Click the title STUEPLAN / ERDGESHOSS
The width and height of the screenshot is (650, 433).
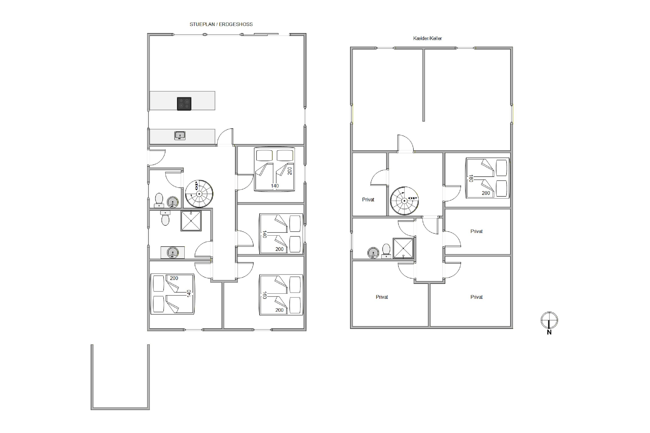click(x=221, y=24)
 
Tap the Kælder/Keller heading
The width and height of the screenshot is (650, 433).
click(x=427, y=38)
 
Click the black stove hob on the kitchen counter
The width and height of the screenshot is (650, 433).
click(x=184, y=104)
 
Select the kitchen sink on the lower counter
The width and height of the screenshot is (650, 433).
click(x=180, y=136)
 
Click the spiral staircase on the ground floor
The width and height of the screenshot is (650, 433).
click(x=199, y=194)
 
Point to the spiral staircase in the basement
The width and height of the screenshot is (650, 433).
click(x=404, y=201)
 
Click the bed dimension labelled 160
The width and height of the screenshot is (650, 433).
click(x=265, y=295)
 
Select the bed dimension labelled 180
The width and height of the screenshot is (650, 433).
click(x=471, y=178)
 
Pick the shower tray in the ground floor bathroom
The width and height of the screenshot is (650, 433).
click(x=191, y=221)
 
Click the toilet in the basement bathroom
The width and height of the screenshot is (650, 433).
click(x=386, y=251)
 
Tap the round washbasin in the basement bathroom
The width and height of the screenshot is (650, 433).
click(x=373, y=253)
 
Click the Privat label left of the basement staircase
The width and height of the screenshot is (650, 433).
click(x=368, y=200)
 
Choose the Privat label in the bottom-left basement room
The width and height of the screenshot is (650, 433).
click(x=382, y=297)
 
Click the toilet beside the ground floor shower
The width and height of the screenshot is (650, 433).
click(x=165, y=218)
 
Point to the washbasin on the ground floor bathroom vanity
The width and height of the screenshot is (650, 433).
click(x=173, y=252)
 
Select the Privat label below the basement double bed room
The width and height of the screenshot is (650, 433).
click(x=476, y=231)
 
